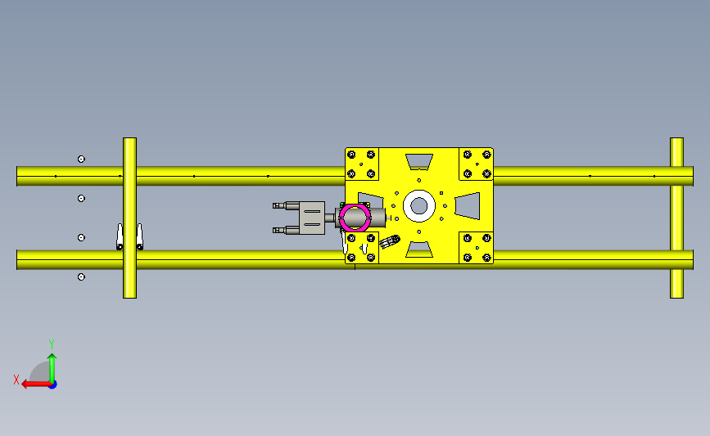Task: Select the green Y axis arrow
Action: click(x=52, y=368)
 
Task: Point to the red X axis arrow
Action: click(x=36, y=384)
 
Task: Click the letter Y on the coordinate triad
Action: click(x=52, y=344)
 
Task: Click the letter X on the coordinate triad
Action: click(x=16, y=380)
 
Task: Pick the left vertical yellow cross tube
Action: click(x=129, y=218)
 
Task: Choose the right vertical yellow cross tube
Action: click(x=676, y=218)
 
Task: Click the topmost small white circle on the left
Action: click(x=81, y=159)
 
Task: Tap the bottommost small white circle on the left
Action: click(x=81, y=276)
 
